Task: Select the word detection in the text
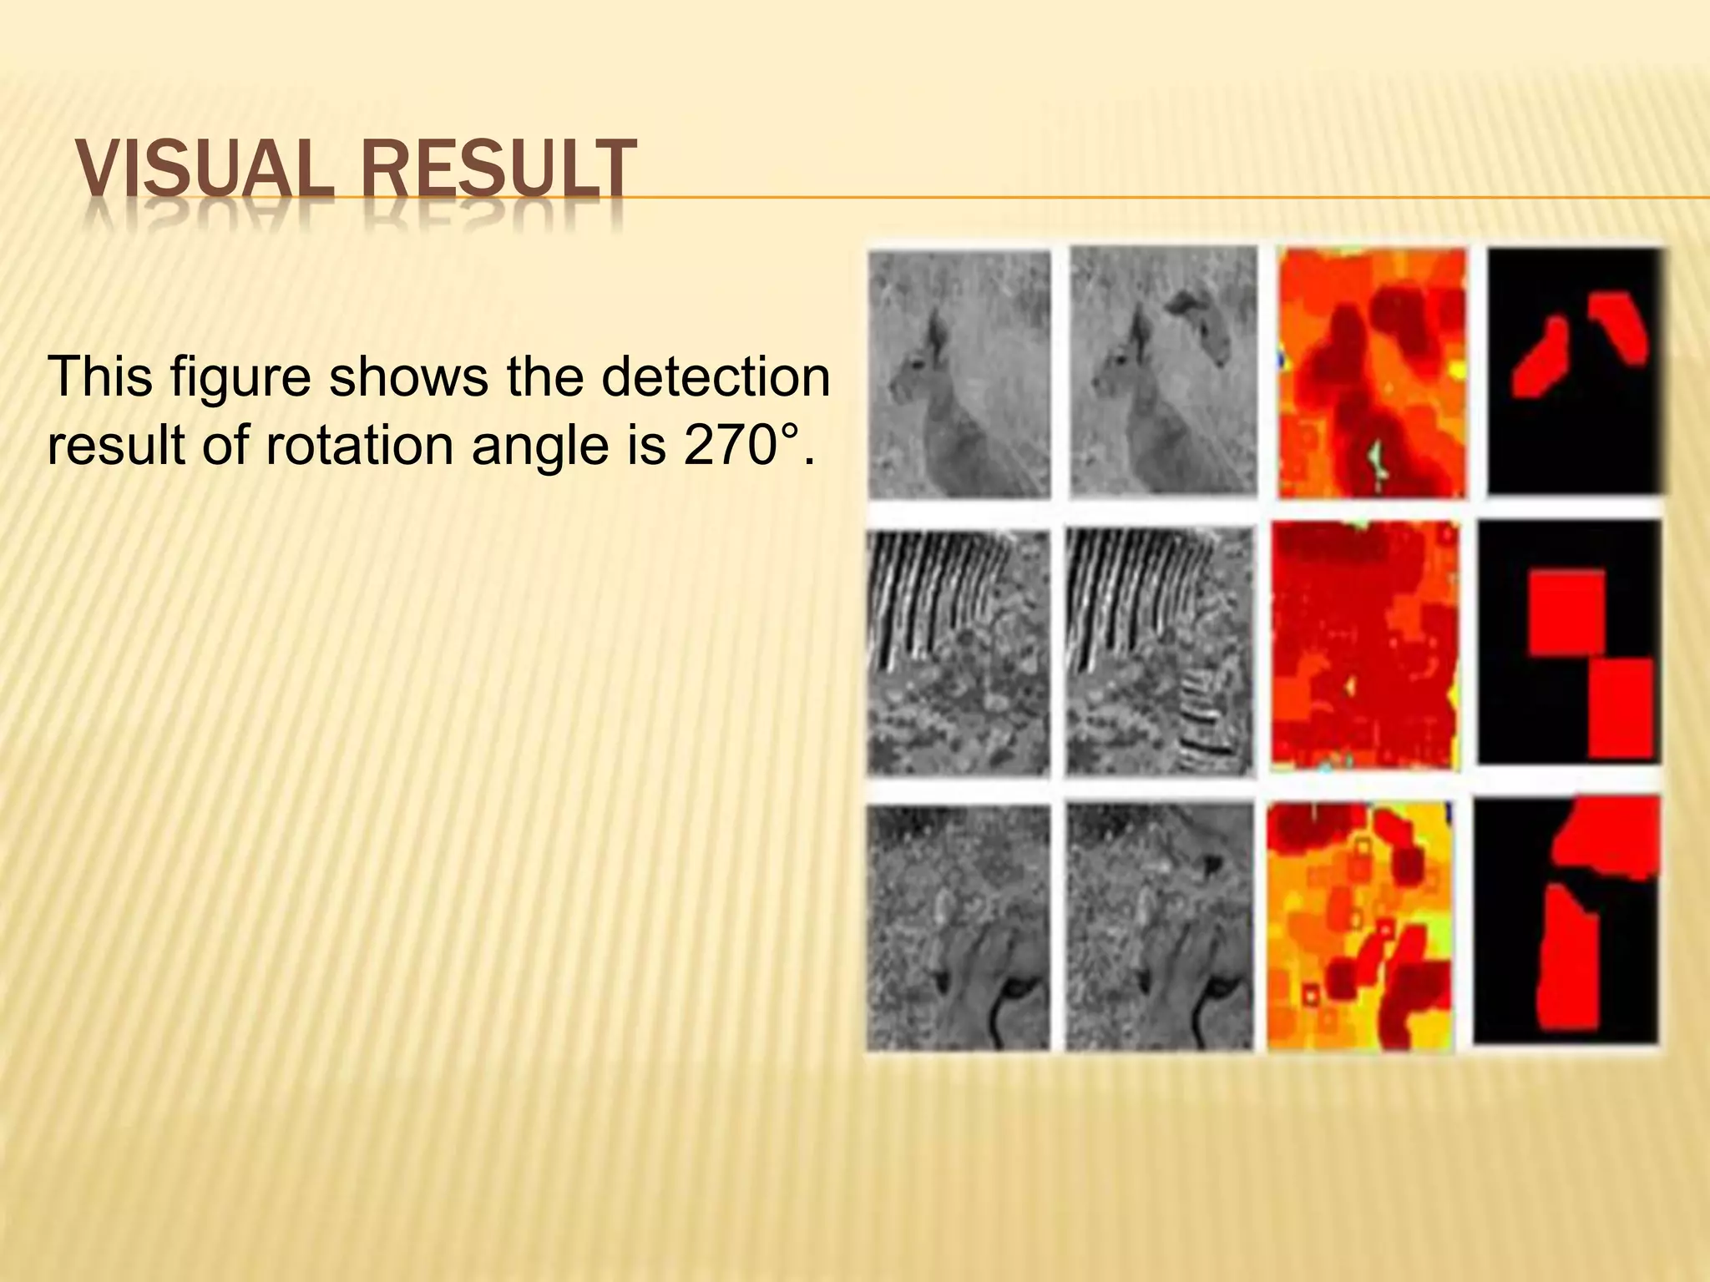tap(715, 376)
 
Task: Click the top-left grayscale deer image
tap(959, 373)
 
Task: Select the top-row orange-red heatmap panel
tap(1371, 373)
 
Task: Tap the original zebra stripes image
tap(958, 652)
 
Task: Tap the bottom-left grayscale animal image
tap(958, 926)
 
